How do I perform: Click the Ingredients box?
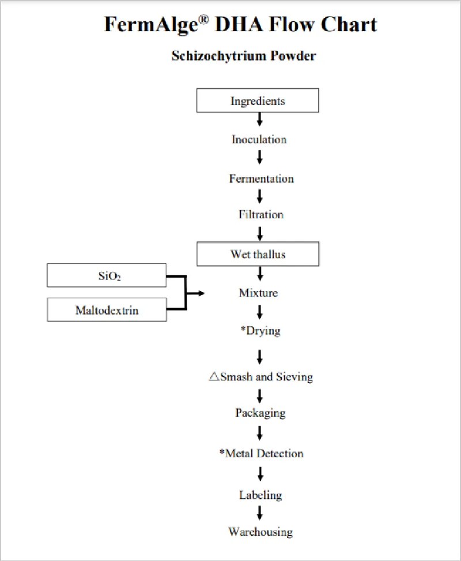tap(258, 101)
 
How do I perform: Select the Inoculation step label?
tap(259, 139)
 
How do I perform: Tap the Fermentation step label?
tap(261, 179)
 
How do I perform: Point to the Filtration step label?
tap(261, 215)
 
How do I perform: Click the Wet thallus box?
tap(258, 254)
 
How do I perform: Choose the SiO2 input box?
tap(107, 276)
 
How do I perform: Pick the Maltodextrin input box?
tap(107, 310)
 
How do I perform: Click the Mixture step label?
tap(258, 293)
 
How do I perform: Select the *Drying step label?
tap(260, 332)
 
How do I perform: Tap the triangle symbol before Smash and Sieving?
tap(214, 377)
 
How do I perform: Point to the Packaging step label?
tap(260, 413)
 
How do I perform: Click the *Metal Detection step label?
tap(261, 453)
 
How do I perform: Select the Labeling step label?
tap(260, 495)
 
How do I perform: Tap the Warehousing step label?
tap(260, 531)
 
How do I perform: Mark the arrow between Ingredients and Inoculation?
tap(260, 120)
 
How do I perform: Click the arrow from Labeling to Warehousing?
tap(260, 513)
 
